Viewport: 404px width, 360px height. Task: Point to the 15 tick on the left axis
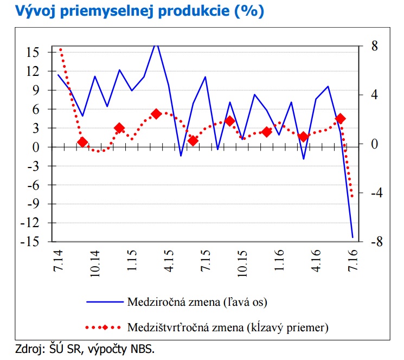click(31, 52)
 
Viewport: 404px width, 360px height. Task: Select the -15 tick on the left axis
click(28, 242)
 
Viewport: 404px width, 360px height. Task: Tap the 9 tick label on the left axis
click(35, 90)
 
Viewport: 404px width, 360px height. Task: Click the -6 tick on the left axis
click(31, 185)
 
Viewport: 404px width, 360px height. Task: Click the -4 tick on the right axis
click(374, 193)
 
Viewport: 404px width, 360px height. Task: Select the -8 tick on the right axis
click(374, 242)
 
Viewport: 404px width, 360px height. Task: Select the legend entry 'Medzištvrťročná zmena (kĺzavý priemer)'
click(228, 327)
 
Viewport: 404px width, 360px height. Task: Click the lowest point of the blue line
click(352, 237)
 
